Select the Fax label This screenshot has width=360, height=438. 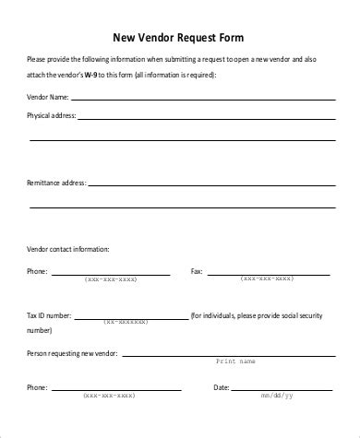click(x=196, y=272)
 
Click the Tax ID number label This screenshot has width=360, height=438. click(x=49, y=315)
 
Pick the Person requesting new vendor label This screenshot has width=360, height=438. click(x=77, y=353)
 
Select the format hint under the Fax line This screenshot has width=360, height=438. click(x=267, y=278)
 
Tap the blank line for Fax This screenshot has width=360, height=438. click(x=268, y=274)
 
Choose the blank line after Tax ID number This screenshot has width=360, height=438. click(x=129, y=318)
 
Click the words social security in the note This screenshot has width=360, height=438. click(x=297, y=315)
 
